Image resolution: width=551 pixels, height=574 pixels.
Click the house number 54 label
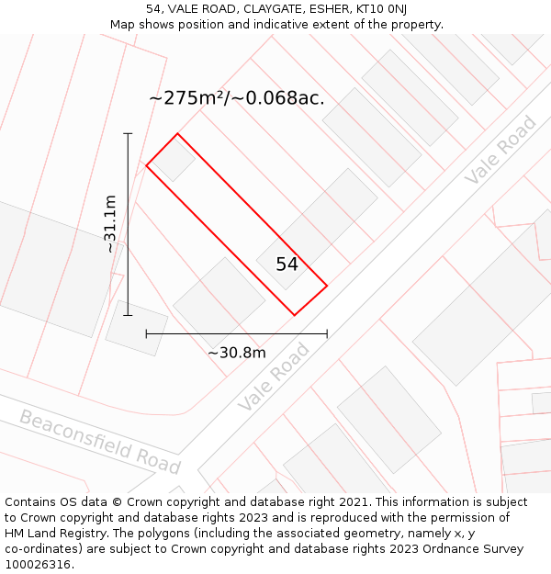[x=287, y=264]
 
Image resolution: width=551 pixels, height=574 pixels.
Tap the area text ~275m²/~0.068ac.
[x=236, y=97]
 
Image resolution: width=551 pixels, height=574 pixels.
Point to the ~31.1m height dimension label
[x=110, y=223]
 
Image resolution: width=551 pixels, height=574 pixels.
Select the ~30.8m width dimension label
[x=236, y=353]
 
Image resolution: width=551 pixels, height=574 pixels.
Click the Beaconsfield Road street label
[x=100, y=442]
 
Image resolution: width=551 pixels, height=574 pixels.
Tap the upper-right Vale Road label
[x=500, y=150]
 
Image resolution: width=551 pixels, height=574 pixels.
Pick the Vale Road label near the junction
[x=274, y=377]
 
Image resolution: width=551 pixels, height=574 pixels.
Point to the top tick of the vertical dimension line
[x=128, y=134]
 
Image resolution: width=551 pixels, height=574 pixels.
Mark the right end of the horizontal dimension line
[x=327, y=334]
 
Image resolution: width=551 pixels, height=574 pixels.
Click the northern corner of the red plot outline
[x=177, y=134]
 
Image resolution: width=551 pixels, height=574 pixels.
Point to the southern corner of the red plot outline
[x=295, y=315]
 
